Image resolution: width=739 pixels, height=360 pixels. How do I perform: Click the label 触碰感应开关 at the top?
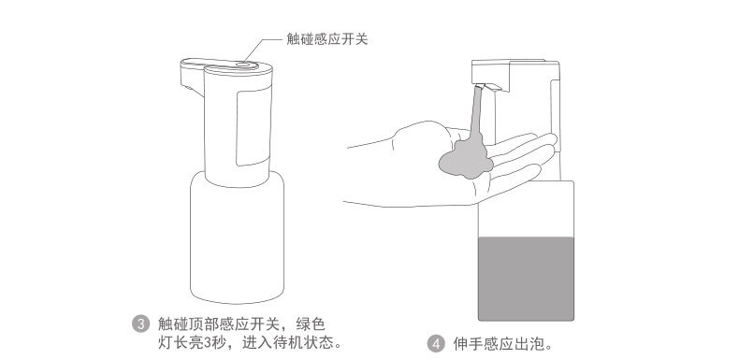(x=326, y=39)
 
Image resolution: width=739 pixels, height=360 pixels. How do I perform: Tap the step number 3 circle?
(x=140, y=324)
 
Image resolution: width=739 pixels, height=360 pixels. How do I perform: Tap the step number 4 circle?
(x=436, y=343)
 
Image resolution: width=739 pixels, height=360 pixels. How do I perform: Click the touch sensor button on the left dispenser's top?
(x=245, y=65)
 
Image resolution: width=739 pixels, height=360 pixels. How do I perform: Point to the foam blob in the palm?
(x=466, y=160)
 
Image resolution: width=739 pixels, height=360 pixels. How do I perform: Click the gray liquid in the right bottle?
(x=526, y=279)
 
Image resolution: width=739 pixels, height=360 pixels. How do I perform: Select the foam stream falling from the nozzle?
(x=476, y=112)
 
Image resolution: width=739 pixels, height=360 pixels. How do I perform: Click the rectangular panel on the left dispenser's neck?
(x=254, y=126)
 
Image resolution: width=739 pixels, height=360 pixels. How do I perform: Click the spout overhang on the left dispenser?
(x=192, y=76)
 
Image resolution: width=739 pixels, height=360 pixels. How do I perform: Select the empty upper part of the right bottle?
(x=526, y=209)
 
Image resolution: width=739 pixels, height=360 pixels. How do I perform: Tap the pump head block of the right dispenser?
(x=515, y=76)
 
